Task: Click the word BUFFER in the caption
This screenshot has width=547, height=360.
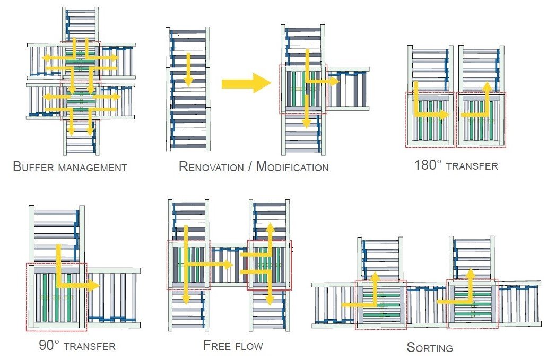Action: (x=33, y=168)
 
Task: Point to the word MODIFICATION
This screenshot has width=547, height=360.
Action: (x=292, y=167)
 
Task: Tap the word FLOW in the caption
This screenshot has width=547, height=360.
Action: (x=249, y=346)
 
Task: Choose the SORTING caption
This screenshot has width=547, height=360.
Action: (x=430, y=348)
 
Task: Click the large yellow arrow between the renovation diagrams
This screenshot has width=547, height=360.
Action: (x=246, y=83)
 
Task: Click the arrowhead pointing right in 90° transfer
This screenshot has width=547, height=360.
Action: (x=94, y=286)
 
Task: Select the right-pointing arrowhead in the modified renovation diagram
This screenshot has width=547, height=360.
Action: (x=334, y=81)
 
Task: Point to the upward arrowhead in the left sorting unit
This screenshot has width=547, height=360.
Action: (x=375, y=276)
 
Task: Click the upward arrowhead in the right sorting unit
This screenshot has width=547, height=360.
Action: (x=470, y=274)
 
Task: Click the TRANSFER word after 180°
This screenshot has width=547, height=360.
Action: (x=471, y=166)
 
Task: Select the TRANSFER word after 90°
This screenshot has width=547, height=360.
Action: (x=89, y=347)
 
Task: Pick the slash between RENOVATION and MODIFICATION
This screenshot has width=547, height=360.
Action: (x=249, y=167)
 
